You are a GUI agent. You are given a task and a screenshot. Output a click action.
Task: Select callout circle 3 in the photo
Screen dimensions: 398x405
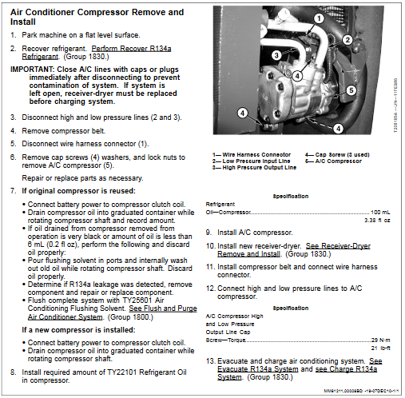(x=275, y=55)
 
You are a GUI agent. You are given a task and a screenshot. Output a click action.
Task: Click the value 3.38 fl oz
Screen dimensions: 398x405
(x=378, y=220)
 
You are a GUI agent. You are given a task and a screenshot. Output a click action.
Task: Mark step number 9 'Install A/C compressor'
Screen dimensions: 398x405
(x=209, y=232)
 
